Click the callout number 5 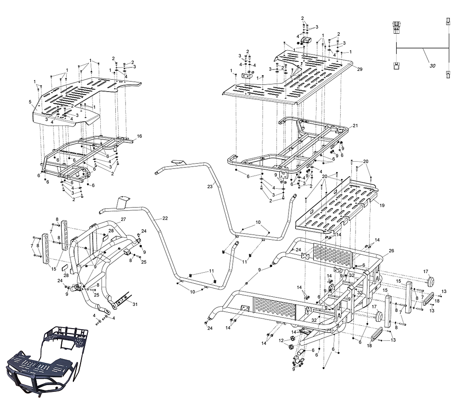pyautogui.click(x=30, y=102)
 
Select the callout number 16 pyautogui.click(x=139, y=137)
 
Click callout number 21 pyautogui.click(x=355, y=125)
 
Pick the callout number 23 pyautogui.click(x=210, y=186)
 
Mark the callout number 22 pyautogui.click(x=165, y=219)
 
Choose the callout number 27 pyautogui.click(x=124, y=220)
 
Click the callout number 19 pyautogui.click(x=382, y=205)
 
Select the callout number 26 pyautogui.click(x=391, y=250)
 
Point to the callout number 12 pyautogui.click(x=280, y=341)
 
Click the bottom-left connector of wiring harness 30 pyautogui.click(x=397, y=66)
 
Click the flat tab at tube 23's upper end pyautogui.click(x=177, y=162)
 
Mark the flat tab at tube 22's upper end pyautogui.click(x=124, y=200)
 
